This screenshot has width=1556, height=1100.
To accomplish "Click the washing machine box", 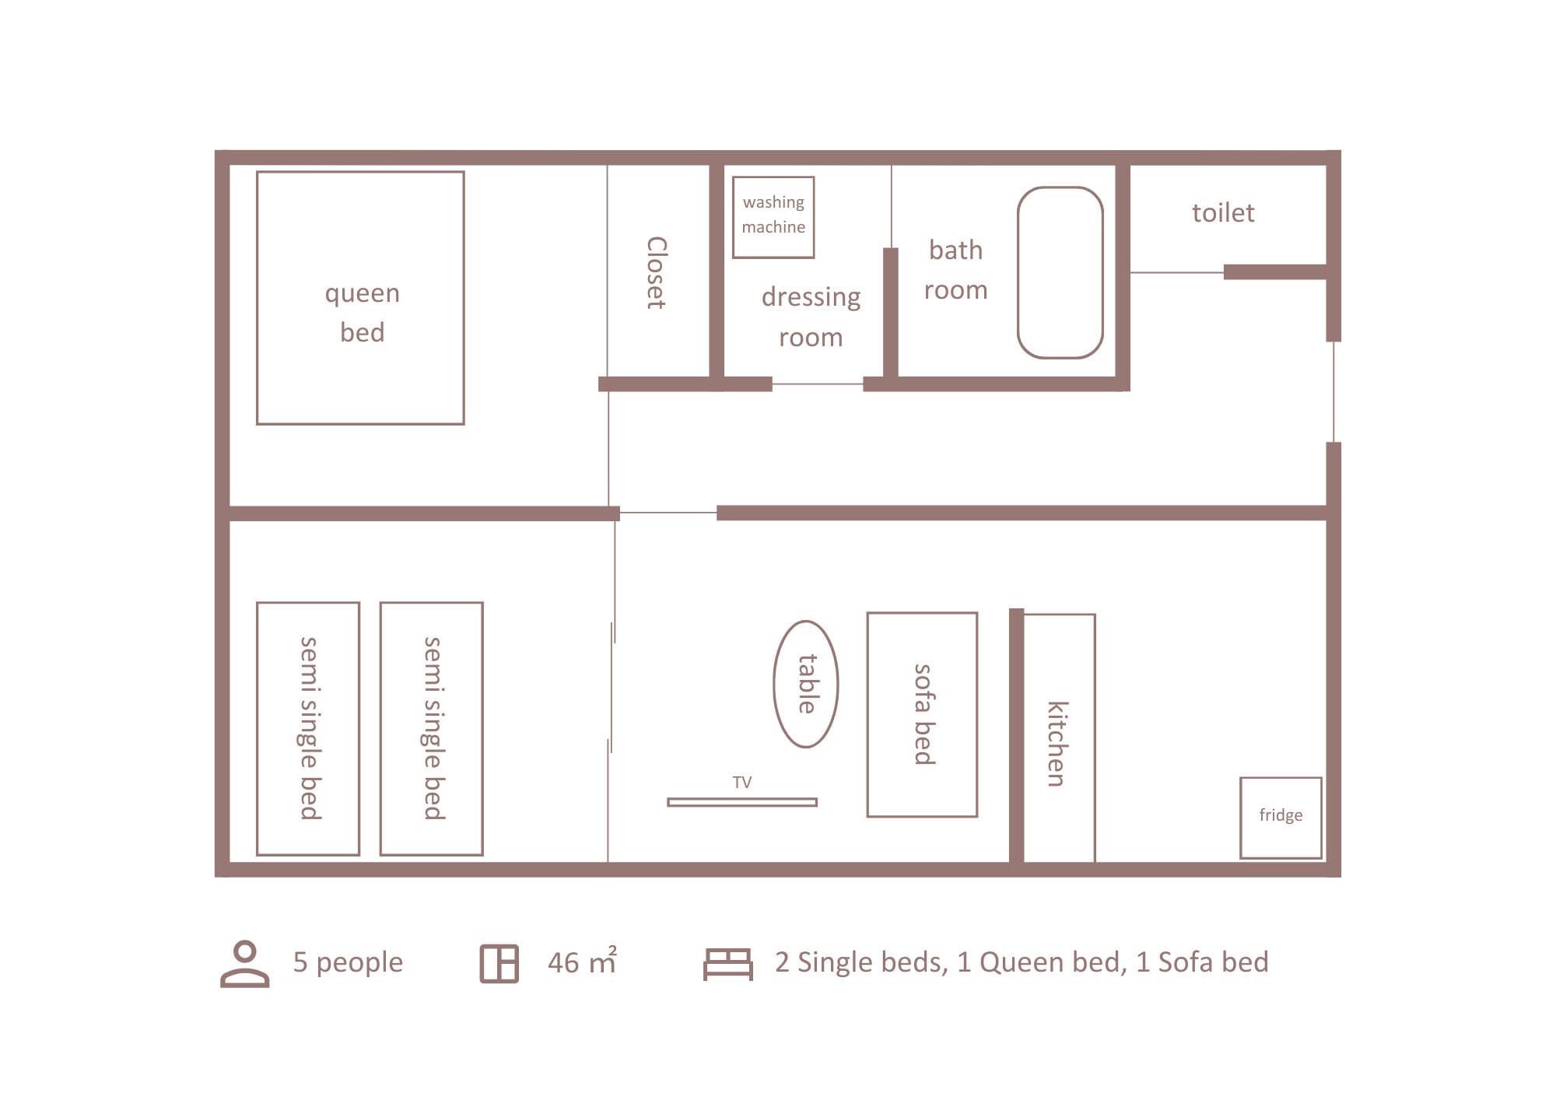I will pyautogui.click(x=773, y=217).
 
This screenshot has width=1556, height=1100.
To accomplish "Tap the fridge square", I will pyautogui.click(x=1280, y=817).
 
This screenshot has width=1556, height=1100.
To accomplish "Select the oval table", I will pyautogui.click(x=805, y=684).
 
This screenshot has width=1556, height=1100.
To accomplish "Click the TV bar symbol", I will pyautogui.click(x=741, y=802).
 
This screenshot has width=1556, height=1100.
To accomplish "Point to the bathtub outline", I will pyautogui.click(x=1060, y=272).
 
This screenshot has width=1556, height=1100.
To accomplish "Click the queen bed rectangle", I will pyautogui.click(x=360, y=298).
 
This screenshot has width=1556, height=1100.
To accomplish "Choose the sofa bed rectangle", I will pyautogui.click(x=922, y=714).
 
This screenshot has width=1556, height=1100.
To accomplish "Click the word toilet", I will pyautogui.click(x=1223, y=213).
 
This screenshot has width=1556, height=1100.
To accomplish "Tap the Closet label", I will pyautogui.click(x=657, y=272).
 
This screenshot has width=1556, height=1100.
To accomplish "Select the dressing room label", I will pyautogui.click(x=811, y=317).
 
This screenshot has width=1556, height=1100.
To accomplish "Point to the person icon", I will pyautogui.click(x=244, y=963).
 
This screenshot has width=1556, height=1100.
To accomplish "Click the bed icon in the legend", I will pyautogui.click(x=727, y=964).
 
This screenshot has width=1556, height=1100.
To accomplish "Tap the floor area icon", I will pyautogui.click(x=499, y=964).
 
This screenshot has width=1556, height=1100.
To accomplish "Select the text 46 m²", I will pyautogui.click(x=582, y=962).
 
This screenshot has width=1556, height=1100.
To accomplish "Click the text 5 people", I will pyautogui.click(x=348, y=962).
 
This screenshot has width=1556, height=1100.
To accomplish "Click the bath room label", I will pyautogui.click(x=955, y=270).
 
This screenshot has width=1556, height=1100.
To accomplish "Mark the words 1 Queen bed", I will pyautogui.click(x=1042, y=962).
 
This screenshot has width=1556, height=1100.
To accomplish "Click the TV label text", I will pyautogui.click(x=741, y=782).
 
